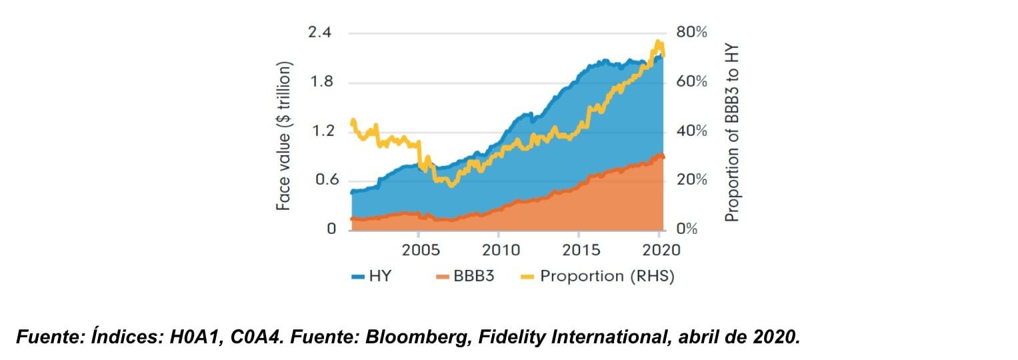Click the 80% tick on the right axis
pos(691,33)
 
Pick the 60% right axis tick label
pos(691,83)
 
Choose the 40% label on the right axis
pos(691,131)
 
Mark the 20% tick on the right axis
pos(691,181)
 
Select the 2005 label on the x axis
pos(421,250)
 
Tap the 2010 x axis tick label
pos(501,250)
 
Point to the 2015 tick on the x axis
pos(581,250)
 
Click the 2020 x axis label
pos(660,250)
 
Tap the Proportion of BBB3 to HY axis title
pos(733,133)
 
